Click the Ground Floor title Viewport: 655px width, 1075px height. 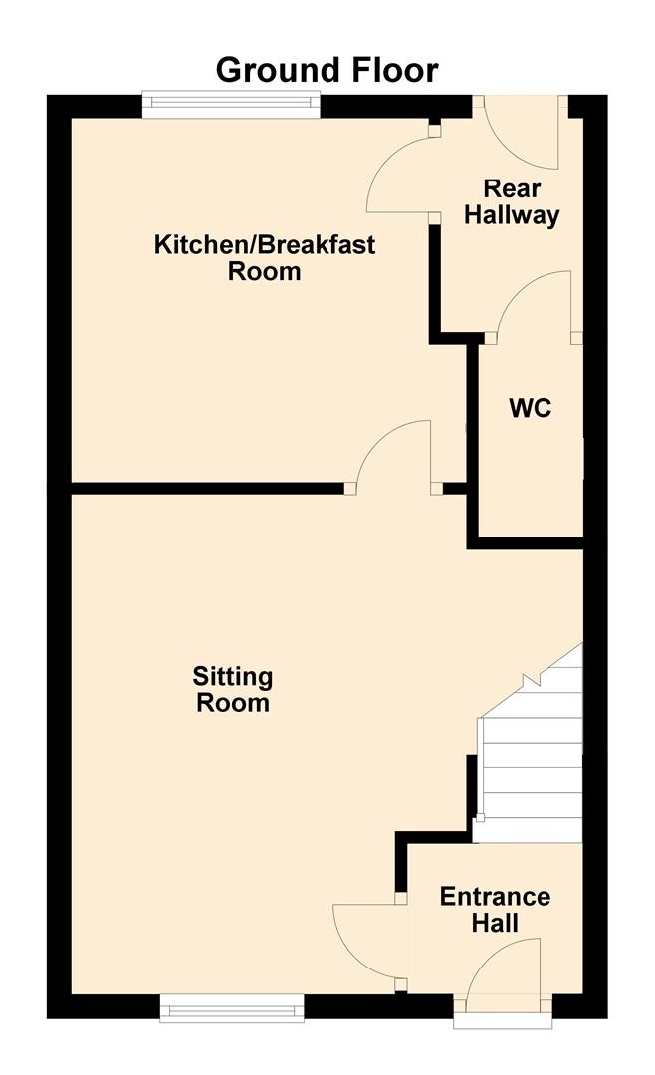point(327,70)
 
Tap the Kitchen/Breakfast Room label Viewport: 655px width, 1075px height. point(265,257)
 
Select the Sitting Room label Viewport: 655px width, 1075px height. point(233,689)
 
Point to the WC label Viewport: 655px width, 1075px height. point(530,408)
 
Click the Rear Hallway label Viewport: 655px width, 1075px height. point(513,201)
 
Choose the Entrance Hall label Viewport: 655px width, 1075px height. point(495,909)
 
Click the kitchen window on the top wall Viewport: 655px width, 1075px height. point(231,101)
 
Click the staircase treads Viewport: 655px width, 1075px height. point(530,756)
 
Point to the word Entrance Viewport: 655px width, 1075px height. point(495,896)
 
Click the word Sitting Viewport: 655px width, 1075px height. point(233,677)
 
